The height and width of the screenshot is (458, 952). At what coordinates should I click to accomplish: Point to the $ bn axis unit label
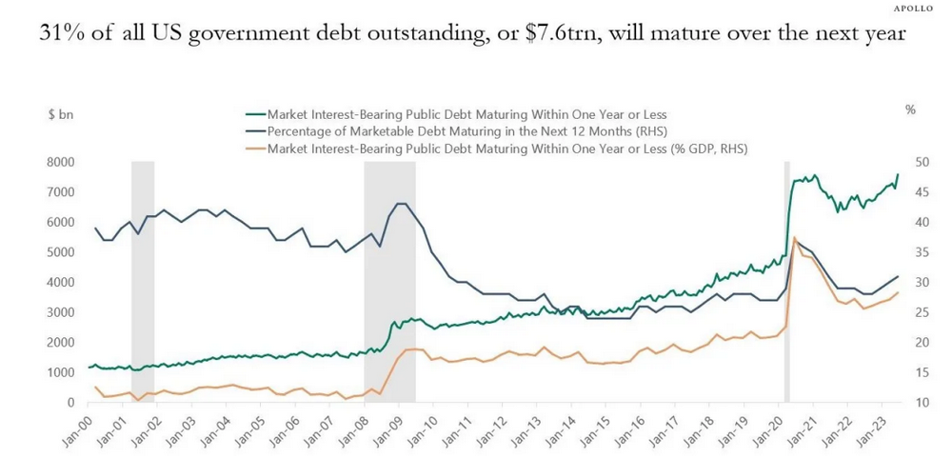point(61,112)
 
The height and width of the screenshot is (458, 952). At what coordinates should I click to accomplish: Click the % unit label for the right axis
point(910,111)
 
